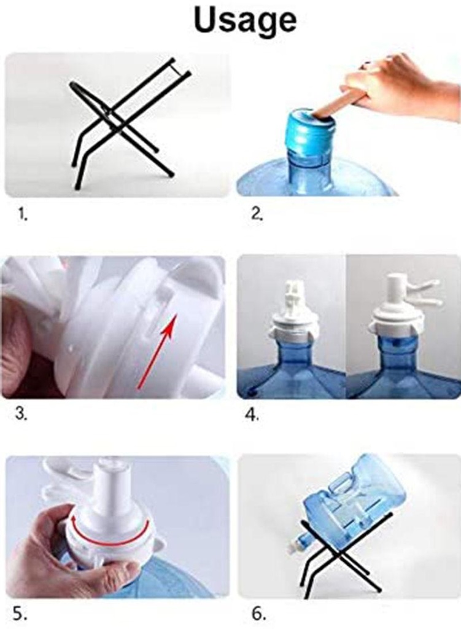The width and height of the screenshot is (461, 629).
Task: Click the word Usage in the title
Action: [245, 21]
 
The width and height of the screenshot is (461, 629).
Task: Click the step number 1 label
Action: [23, 216]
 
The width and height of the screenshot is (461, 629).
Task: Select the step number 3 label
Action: [21, 414]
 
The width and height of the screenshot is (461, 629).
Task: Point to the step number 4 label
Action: [252, 415]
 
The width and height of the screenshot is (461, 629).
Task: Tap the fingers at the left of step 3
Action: [20, 337]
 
